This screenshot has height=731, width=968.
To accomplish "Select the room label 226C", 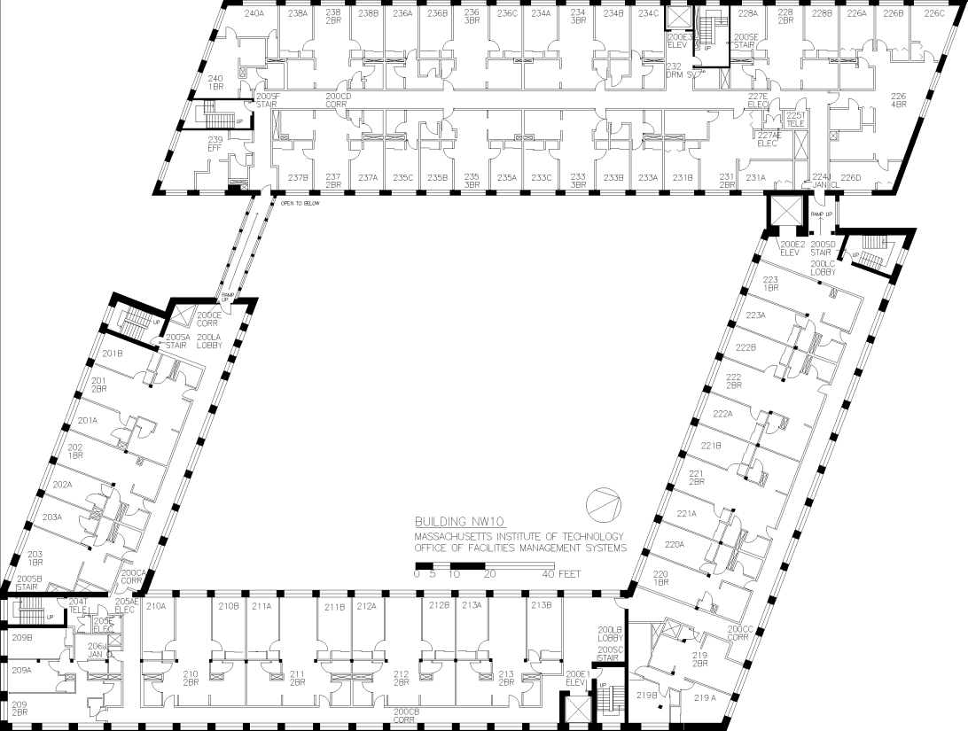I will click(x=934, y=13).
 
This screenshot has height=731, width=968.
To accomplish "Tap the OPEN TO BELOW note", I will click(x=300, y=203).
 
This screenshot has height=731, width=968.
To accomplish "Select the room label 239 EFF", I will click(x=215, y=144).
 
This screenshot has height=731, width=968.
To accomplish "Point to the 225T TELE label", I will click(x=795, y=120).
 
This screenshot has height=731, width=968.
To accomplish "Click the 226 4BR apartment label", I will click(x=898, y=100).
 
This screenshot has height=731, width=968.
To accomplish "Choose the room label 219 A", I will click(x=704, y=698).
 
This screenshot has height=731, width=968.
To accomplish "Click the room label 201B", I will click(x=112, y=354).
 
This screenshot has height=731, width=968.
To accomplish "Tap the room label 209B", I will click(x=21, y=636).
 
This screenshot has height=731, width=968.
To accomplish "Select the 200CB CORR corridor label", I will click(x=405, y=715).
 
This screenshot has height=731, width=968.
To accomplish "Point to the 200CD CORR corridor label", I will click(x=339, y=100).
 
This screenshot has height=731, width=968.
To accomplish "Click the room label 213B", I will click(x=542, y=605).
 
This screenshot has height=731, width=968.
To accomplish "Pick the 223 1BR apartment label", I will click(x=769, y=284).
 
